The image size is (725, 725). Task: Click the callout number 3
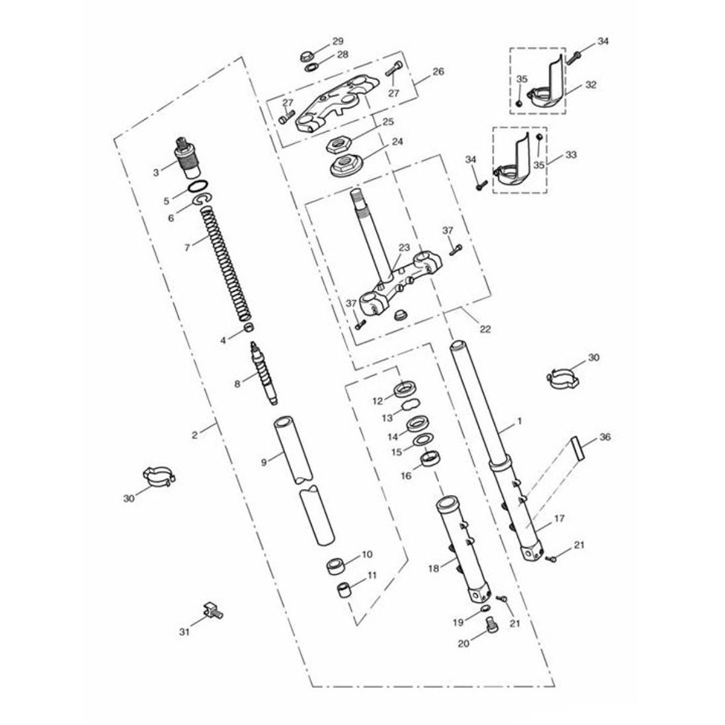click(156, 173)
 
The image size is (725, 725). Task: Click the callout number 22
click(485, 329)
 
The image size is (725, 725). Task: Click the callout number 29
click(338, 41)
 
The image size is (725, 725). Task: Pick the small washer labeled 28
click(312, 68)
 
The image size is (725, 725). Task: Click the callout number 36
click(605, 437)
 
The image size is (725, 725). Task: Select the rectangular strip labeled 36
click(578, 448)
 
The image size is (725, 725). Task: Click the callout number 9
click(264, 462)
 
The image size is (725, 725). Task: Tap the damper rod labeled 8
click(264, 373)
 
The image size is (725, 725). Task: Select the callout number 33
click(571, 155)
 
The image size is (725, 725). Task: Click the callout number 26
click(439, 71)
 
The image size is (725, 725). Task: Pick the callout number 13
click(387, 417)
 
